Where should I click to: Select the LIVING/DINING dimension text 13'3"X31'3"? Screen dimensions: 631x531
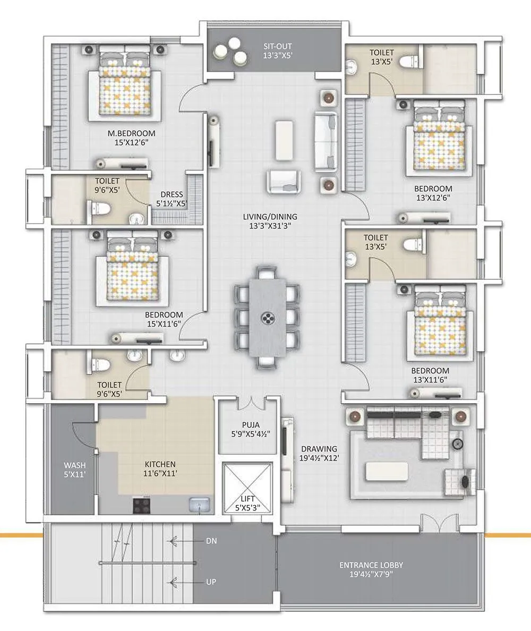270,225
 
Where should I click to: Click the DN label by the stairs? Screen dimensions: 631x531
211,541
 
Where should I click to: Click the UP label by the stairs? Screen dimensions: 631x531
211,582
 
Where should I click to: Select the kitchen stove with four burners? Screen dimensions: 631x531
142,505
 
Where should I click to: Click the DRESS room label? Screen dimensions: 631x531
169,195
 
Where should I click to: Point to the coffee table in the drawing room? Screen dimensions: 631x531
391,471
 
